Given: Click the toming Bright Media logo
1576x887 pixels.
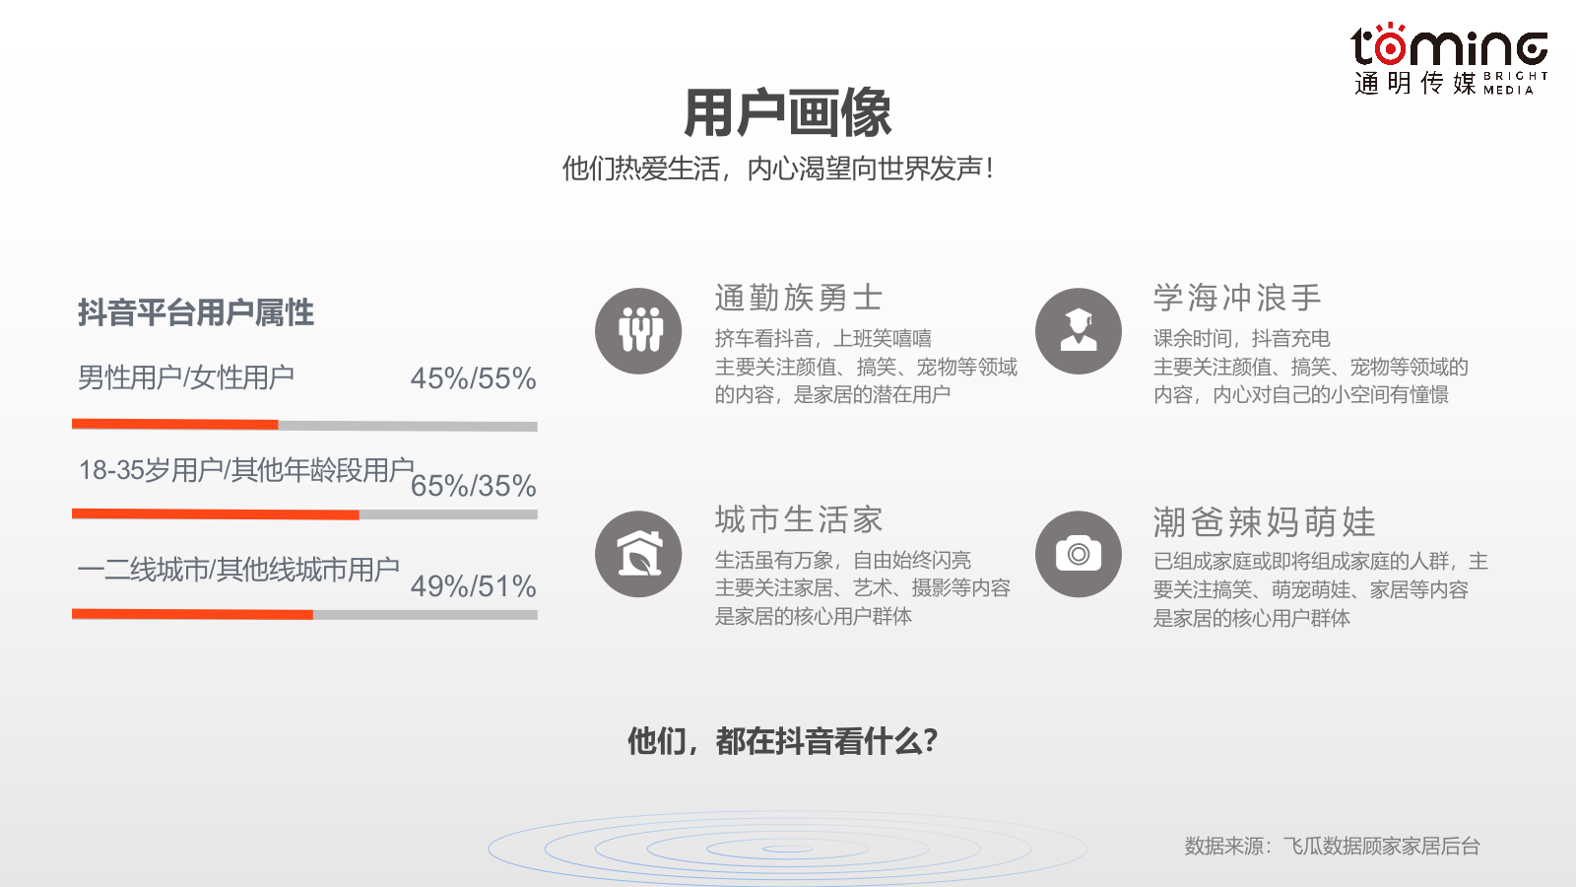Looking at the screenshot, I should tap(1449, 59).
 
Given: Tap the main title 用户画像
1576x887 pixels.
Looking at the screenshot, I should tap(787, 112).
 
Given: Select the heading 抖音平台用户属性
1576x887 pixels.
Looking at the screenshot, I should tap(196, 312).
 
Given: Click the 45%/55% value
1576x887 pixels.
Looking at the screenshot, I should tap(473, 378).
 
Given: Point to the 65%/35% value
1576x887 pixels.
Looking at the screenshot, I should tap(473, 486).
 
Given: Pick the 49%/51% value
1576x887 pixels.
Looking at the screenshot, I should tap(473, 586).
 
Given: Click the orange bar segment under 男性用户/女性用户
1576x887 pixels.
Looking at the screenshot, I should tap(175, 425).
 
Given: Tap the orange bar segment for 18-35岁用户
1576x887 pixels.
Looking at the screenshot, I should tap(216, 514).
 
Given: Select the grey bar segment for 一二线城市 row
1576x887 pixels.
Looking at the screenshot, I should tap(425, 615).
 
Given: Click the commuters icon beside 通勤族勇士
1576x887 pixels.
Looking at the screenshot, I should tap(638, 331).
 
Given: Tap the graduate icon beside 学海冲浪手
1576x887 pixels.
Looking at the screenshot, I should tap(1079, 331).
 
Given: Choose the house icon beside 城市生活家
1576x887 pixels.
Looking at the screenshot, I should tap(638, 554).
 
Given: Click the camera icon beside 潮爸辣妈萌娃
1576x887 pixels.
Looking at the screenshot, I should tap(1079, 554).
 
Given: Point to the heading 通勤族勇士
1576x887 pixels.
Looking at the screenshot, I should tap(799, 298).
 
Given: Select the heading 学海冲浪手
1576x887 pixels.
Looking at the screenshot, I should tap(1237, 298).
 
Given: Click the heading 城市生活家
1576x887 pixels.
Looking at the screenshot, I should tap(799, 519).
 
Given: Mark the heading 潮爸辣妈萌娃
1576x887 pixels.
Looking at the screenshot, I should tap(1265, 521).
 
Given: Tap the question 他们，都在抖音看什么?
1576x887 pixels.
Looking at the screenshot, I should tap(783, 741).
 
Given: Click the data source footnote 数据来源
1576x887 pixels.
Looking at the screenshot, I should tap(1332, 846).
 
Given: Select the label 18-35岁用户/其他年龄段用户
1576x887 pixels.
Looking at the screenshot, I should tap(246, 470).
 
